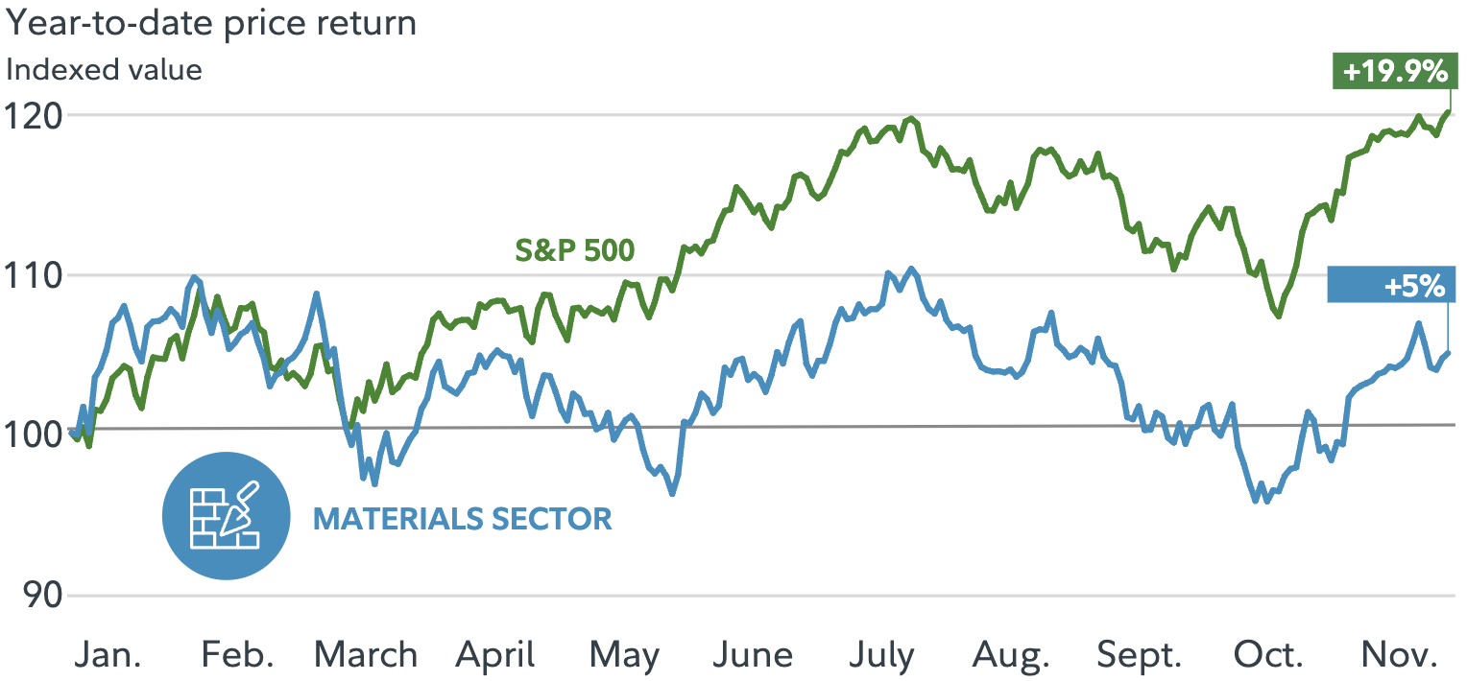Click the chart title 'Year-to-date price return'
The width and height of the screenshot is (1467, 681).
coord(211,23)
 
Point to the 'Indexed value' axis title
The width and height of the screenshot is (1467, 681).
coord(105,70)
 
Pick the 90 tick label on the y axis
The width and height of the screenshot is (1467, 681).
coord(36,596)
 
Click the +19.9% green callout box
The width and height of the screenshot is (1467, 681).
coord(1392,72)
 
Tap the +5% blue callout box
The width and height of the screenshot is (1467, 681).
coord(1391,286)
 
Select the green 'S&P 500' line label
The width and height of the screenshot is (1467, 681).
coord(574,250)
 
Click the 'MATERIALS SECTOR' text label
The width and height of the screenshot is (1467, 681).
coord(462,519)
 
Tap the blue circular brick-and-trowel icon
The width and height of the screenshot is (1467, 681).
coord(226,516)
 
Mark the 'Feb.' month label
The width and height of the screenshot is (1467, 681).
coord(237,656)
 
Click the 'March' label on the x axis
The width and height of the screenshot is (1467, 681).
coord(366,656)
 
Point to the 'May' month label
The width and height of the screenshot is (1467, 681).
coord(624,656)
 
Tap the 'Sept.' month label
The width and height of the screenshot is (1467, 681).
coord(1139,656)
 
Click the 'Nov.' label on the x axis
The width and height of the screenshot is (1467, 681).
coord(1400,656)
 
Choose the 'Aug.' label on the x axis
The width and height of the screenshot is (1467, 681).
coord(1011,656)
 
